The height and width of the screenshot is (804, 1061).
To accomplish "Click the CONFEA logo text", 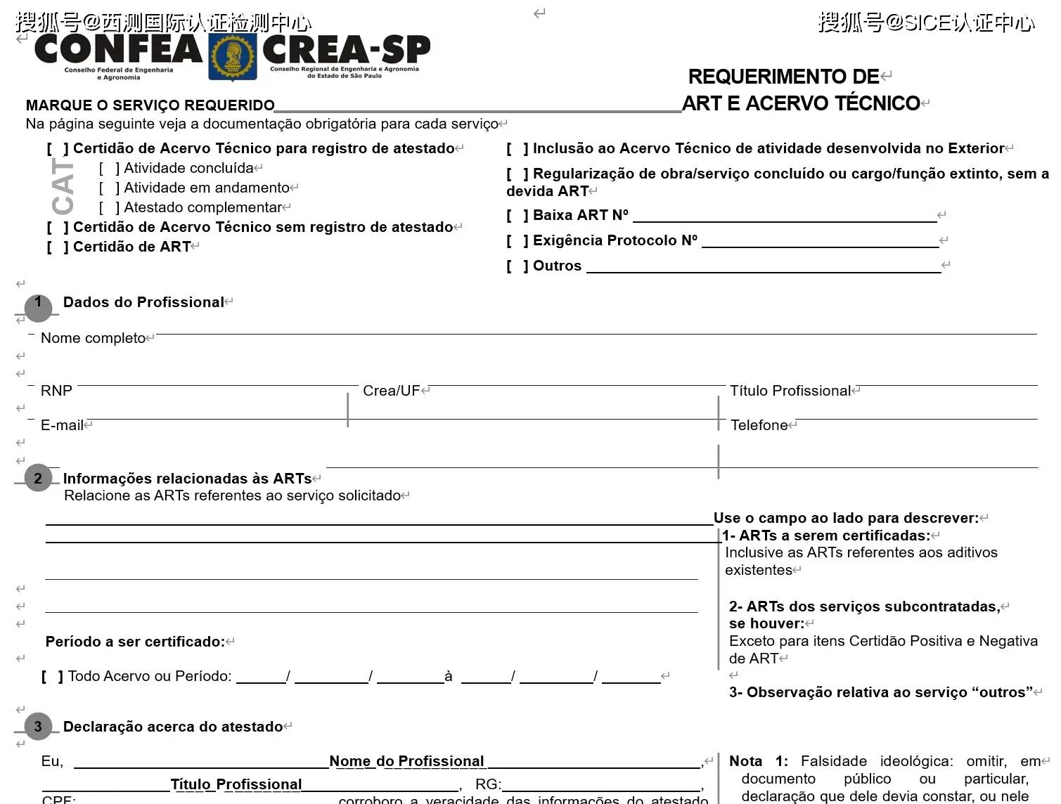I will pos(118,49).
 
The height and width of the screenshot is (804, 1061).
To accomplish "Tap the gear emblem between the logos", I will pos(232,56).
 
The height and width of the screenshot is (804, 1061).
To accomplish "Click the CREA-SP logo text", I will pos(346,49).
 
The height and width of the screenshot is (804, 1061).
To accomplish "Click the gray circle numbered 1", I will pos(38,306).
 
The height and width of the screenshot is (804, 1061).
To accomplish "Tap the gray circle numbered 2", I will pos(38,479).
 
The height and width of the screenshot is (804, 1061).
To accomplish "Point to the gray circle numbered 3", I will pos(38,727).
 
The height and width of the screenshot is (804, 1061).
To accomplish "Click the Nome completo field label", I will pos(93,338).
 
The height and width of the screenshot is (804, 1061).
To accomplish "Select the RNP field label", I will pos(56,391).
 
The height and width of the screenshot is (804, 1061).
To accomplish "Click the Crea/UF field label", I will pos(391,391).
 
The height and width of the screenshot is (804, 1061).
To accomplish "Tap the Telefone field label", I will pos(759,425).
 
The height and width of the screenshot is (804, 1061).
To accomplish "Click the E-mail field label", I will pos(62,425).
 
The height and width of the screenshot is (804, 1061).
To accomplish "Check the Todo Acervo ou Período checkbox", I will pos(52,677).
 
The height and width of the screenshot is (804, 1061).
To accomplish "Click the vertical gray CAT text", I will pos(63,186).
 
